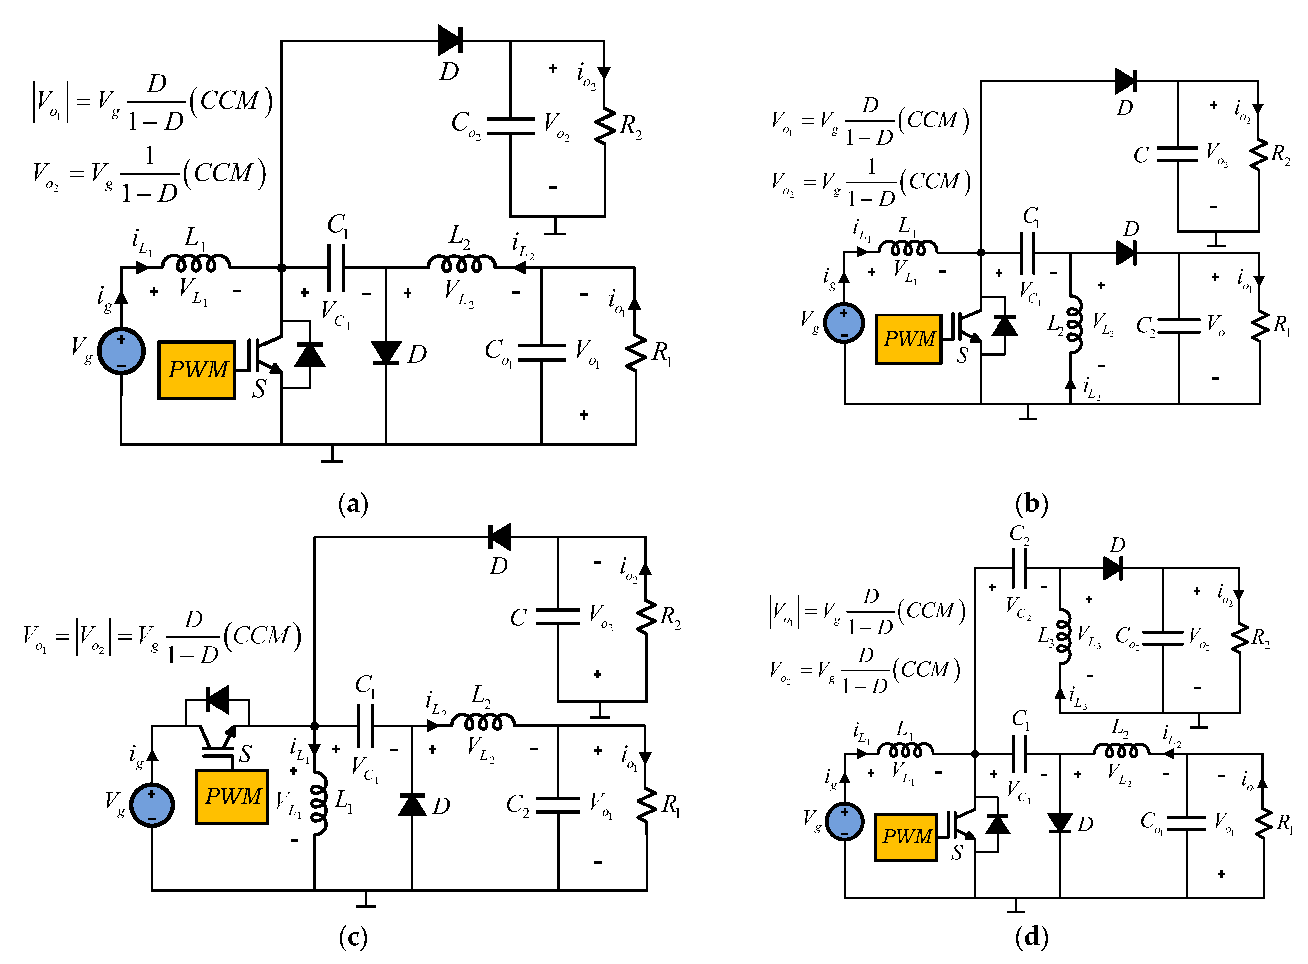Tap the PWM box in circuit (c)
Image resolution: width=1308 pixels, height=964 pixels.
(x=232, y=797)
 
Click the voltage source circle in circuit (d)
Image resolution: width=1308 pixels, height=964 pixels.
(x=844, y=822)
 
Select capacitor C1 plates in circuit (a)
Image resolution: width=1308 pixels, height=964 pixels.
(x=336, y=268)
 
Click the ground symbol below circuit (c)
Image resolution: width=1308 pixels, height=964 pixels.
(x=366, y=900)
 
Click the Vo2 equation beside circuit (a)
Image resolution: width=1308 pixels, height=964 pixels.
(x=149, y=174)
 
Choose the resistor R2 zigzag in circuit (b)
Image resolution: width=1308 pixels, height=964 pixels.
(x=1259, y=155)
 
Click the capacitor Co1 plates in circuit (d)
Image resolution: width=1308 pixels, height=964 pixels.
(x=1187, y=823)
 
